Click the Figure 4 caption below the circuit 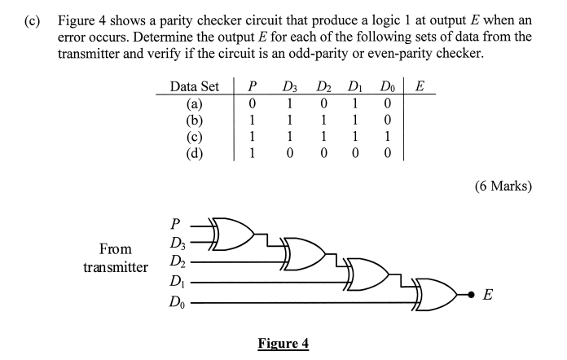283,343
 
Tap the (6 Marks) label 502,186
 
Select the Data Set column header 195,86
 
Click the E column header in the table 419,86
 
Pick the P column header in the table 253,86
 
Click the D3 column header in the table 289,86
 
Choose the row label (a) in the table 195,103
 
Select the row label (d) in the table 195,152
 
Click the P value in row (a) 253,103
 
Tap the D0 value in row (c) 387,136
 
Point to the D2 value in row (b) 323,120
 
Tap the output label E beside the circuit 487,296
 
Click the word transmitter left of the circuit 116,266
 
